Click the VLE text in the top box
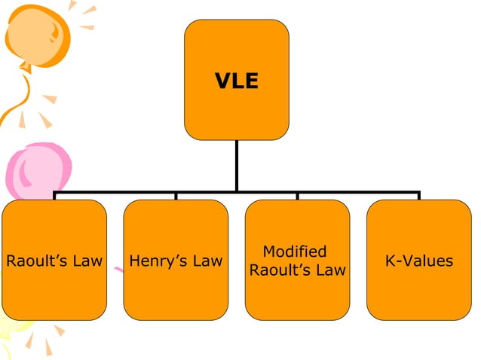click(237, 81)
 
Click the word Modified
click(295, 252)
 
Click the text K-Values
click(418, 261)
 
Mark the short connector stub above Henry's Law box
click(176, 196)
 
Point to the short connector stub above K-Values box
click(418, 196)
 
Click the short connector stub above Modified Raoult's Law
click(297, 196)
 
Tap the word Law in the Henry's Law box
click(208, 261)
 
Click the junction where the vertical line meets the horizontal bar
click(237, 191)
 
